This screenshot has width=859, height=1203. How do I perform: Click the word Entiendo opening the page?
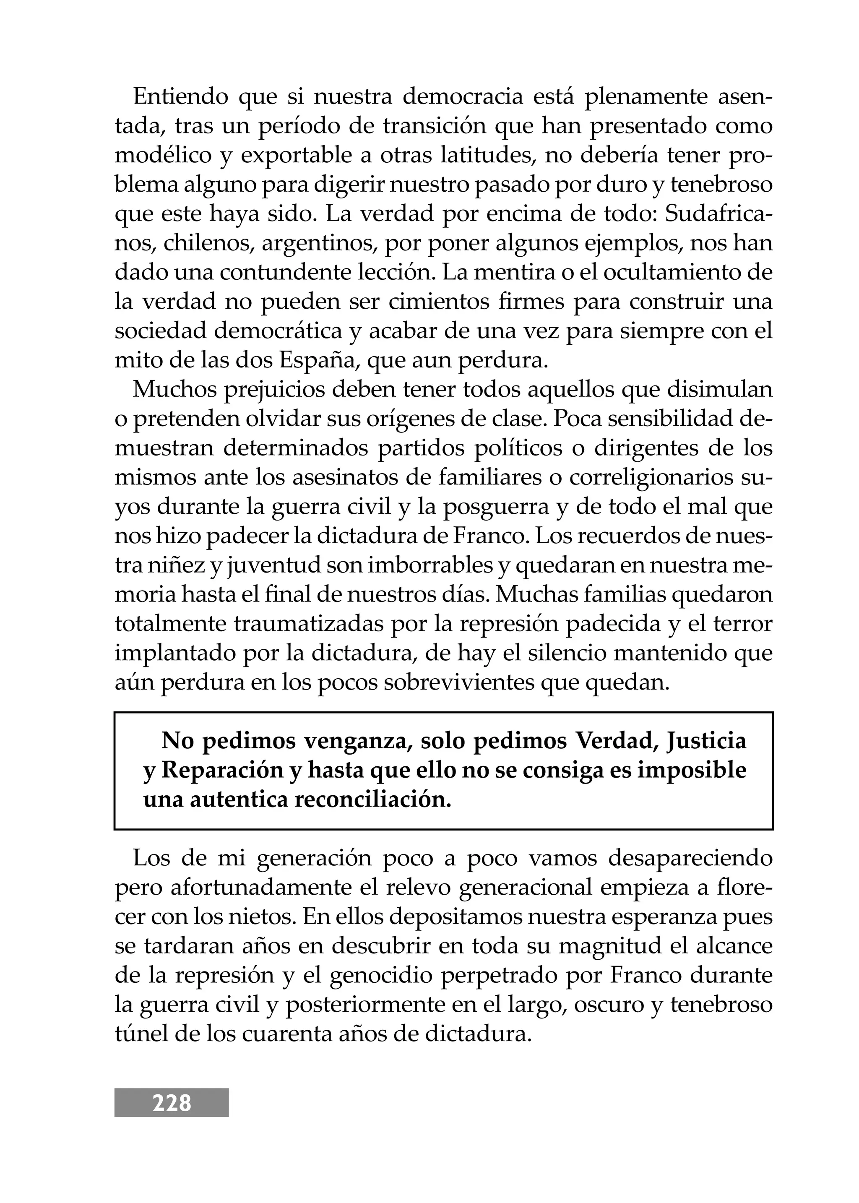click(180, 97)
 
